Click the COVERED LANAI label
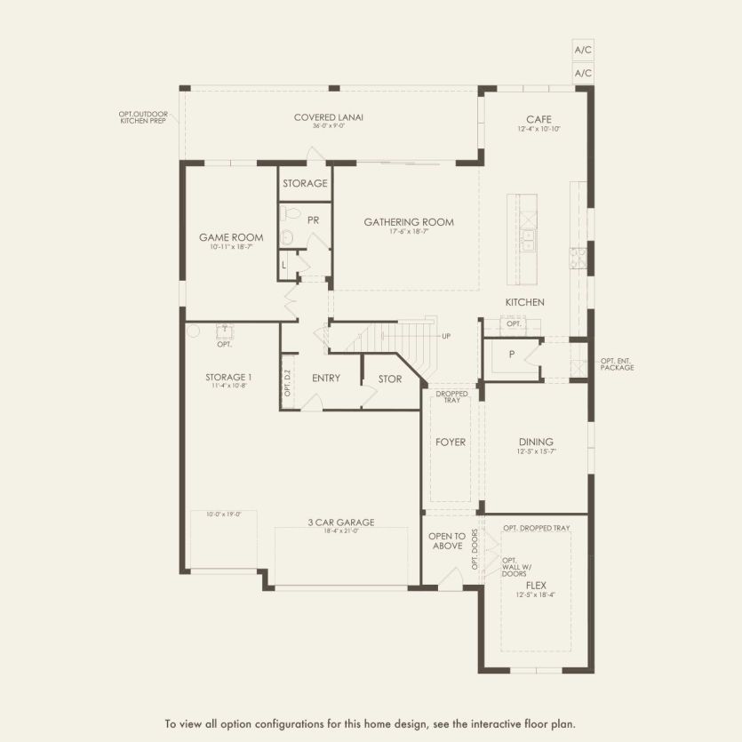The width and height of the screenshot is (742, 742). click(x=329, y=116)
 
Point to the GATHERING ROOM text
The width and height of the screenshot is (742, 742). click(x=409, y=222)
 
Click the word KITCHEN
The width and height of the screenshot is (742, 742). click(x=524, y=303)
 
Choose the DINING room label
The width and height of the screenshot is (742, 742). click(x=536, y=442)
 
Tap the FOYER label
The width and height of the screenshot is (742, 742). click(x=451, y=442)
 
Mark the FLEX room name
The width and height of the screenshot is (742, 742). click(x=536, y=586)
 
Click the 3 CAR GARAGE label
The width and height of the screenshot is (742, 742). click(x=341, y=523)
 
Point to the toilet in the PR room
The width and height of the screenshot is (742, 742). click(x=287, y=237)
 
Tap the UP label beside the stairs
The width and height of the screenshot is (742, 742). click(x=447, y=336)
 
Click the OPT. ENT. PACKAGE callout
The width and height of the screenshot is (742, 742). click(x=617, y=364)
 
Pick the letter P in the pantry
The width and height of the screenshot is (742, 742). click(x=512, y=354)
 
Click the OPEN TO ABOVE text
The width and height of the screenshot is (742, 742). click(x=446, y=541)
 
